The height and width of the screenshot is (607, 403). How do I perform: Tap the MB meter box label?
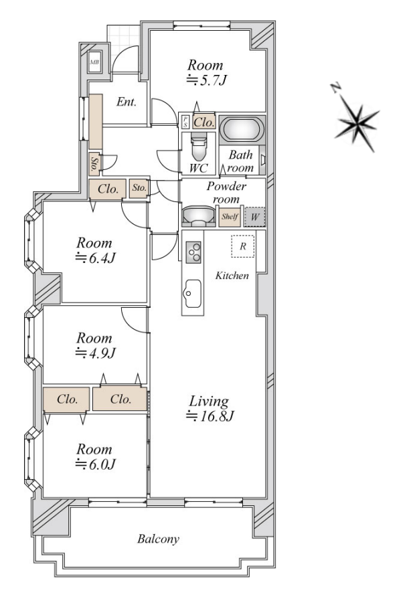pos(94,62)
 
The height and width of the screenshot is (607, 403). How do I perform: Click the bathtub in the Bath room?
pos(242,129)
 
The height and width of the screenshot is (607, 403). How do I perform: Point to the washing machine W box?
pos(255,217)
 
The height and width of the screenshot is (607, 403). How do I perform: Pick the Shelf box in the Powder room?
pos(230,216)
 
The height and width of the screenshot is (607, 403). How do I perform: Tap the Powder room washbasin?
pos(199,216)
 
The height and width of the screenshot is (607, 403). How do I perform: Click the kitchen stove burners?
pos(193,252)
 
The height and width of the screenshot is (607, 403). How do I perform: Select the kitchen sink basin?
pos(193,293)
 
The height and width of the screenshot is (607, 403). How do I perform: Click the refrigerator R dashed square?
pos(243,246)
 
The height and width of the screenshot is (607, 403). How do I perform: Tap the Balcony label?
pos(159,539)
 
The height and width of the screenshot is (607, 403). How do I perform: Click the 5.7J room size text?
pos(207,80)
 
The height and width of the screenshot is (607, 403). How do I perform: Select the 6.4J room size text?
pos(95,258)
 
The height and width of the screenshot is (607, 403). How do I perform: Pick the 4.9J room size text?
pos(95,353)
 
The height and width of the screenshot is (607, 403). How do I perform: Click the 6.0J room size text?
pos(95,464)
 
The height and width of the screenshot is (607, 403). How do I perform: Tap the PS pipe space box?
pos(185,122)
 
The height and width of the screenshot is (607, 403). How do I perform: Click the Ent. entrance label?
pos(127,102)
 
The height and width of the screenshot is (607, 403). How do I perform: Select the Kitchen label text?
pos(232,276)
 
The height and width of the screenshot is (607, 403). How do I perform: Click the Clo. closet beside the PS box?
pos(204,122)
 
